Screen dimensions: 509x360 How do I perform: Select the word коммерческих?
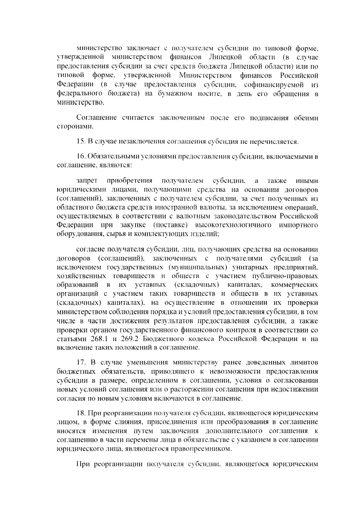tap(294, 285)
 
